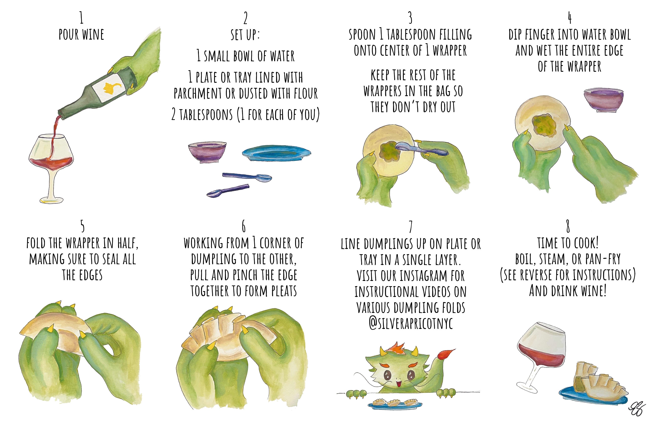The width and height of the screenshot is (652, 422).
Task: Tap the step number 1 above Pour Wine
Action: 81,18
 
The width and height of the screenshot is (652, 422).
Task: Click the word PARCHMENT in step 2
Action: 198,94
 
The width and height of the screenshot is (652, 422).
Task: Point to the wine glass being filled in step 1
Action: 52,156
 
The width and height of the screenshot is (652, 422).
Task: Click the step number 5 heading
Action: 82,226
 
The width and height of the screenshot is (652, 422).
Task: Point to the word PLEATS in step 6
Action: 284,291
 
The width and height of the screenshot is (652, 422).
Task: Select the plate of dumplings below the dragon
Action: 394,404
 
